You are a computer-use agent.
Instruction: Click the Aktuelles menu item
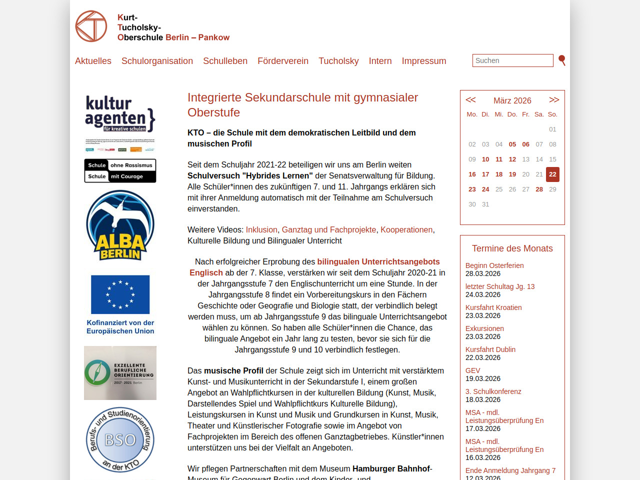(93, 61)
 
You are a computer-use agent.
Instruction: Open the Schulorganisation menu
(157, 61)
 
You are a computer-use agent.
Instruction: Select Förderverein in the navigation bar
(283, 61)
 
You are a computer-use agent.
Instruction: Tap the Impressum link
(424, 61)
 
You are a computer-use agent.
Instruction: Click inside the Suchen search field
(512, 60)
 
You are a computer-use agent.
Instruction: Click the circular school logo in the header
(91, 26)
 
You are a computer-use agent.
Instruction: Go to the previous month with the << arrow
(470, 100)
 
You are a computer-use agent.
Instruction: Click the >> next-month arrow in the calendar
(554, 100)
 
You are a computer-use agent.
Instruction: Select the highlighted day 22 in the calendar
(552, 174)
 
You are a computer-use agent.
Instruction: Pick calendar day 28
(539, 189)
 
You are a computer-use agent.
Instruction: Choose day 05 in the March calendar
(512, 144)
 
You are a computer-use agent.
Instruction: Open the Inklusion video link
(261, 229)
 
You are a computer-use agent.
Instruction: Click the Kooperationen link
(406, 229)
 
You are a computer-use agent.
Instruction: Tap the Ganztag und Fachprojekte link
(329, 229)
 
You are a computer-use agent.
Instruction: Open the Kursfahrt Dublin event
(490, 349)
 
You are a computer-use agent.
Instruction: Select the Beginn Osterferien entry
(494, 265)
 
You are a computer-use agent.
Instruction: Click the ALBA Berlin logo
(120, 225)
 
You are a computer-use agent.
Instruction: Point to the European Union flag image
(120, 294)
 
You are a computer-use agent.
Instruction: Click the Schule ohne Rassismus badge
(120, 171)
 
